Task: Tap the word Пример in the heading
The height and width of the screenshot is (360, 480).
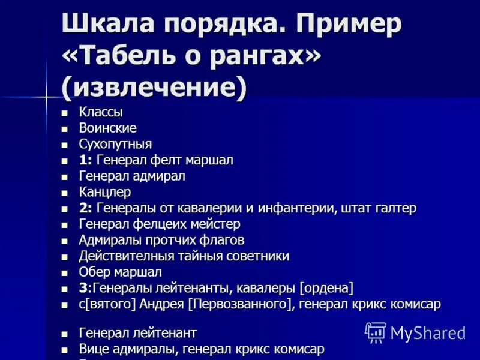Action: [x=347, y=26]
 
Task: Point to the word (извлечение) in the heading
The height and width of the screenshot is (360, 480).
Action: [x=154, y=87]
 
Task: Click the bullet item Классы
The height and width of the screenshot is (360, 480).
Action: [x=101, y=112]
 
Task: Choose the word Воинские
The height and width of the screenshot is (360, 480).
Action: [x=108, y=128]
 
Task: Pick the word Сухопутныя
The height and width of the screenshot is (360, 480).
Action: [x=115, y=145]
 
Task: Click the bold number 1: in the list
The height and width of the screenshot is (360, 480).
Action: [x=85, y=160]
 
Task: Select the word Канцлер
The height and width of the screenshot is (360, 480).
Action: [x=104, y=193]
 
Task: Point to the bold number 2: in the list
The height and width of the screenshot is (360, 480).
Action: [x=85, y=208]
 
